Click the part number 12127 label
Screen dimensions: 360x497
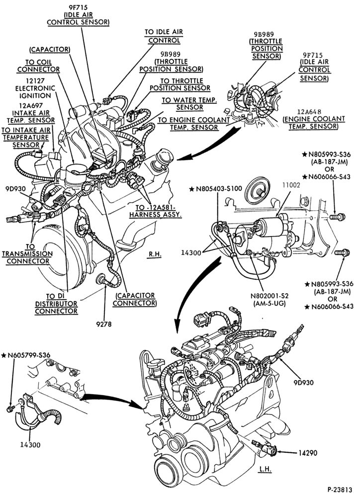point(35,81)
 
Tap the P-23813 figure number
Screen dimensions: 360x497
point(340,489)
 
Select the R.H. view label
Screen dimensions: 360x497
point(155,254)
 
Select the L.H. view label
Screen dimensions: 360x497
point(265,469)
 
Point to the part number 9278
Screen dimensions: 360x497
point(104,324)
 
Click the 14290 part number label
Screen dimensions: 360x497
point(307,454)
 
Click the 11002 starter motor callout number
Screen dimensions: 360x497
point(290,185)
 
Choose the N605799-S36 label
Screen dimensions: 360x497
point(26,355)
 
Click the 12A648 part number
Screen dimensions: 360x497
point(309,111)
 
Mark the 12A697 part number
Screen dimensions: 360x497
point(31,105)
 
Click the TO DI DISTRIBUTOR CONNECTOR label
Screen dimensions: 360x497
point(56,304)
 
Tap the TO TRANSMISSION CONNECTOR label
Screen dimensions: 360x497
point(27,254)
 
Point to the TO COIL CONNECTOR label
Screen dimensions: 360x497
point(38,66)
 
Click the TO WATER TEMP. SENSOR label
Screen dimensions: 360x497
point(189,104)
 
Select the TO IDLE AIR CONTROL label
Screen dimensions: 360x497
point(164,36)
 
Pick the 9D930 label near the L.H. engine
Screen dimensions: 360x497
point(303,383)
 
